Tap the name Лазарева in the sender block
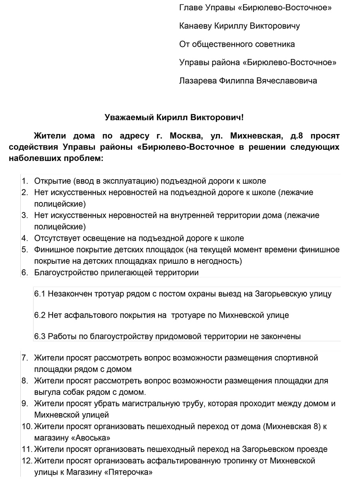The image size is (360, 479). pyautogui.click(x=198, y=81)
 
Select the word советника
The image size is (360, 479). pyautogui.click(x=275, y=44)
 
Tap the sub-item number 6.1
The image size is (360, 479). pyautogui.click(x=40, y=294)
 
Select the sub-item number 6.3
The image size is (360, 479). pyautogui.click(x=40, y=336)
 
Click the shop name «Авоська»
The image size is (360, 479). pyautogui.click(x=91, y=438)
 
